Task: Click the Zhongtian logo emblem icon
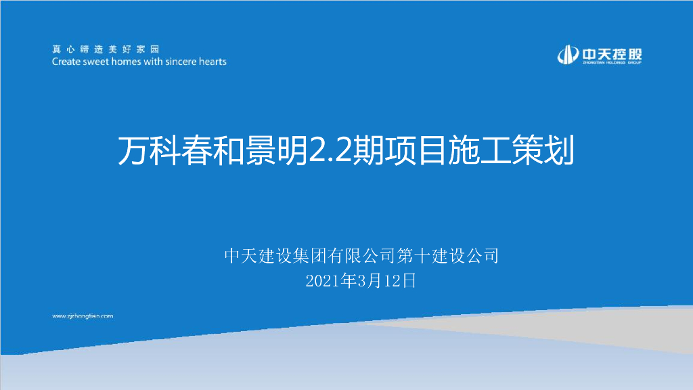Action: pos(568,55)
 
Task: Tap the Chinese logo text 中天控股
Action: pos(612,54)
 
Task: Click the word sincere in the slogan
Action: pos(180,62)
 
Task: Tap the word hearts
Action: pos(213,62)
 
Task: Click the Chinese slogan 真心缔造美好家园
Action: pos(106,49)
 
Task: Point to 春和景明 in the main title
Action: pos(245,150)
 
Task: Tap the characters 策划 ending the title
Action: pos(543,150)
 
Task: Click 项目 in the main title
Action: pos(416,150)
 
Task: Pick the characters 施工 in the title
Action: pos(480,150)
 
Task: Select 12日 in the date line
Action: pos(400,281)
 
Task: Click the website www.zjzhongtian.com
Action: pos(83,316)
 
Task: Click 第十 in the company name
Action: pos(414,255)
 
